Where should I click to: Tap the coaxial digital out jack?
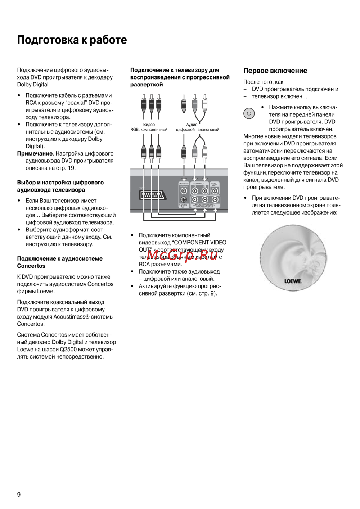click(184, 191)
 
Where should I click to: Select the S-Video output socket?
click(184, 200)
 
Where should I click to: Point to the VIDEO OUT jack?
click(215, 191)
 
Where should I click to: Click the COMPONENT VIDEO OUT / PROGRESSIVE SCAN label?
click(203, 206)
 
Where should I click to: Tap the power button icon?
click(249, 113)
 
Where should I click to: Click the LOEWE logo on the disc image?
click(293, 281)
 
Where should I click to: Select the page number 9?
click(19, 495)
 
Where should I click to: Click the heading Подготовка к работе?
click(72, 40)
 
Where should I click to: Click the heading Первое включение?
click(275, 71)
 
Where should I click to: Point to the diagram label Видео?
click(149, 125)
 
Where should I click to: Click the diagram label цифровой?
click(185, 130)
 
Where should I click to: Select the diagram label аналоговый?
click(208, 130)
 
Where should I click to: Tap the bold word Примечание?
click(35, 154)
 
